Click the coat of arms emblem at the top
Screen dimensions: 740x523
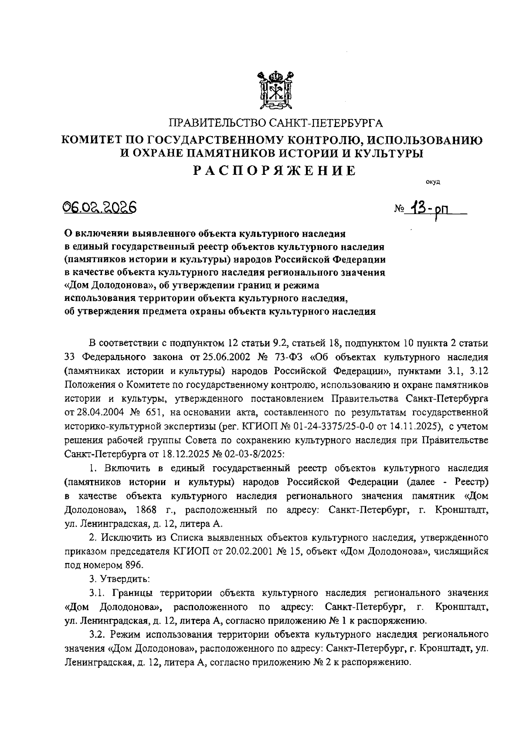pyautogui.click(x=275, y=91)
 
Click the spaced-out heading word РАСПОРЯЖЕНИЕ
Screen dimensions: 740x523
pyautogui.click(x=275, y=171)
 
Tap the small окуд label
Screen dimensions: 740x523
pyautogui.click(x=433, y=182)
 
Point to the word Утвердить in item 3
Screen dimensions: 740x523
pyautogui.click(x=126, y=579)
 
